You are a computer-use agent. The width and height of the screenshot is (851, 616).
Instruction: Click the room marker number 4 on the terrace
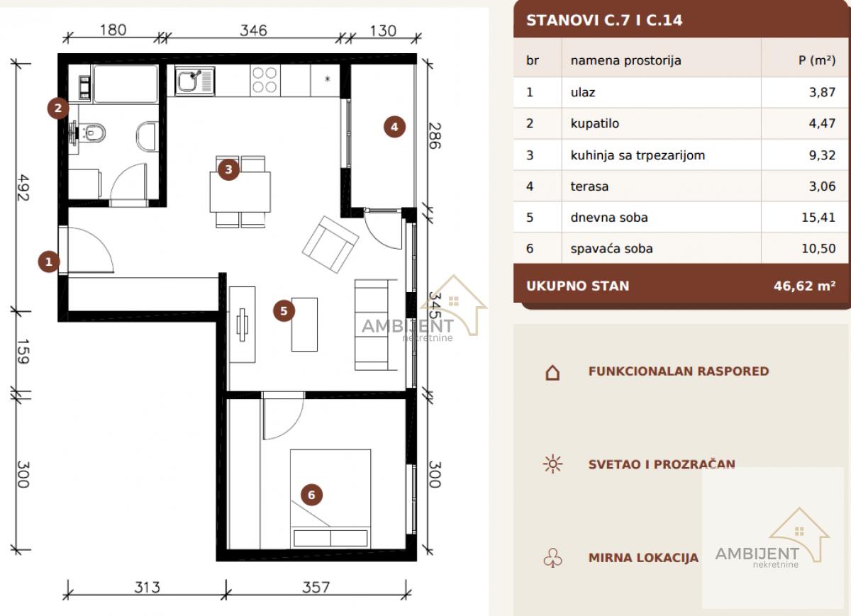click(394, 127)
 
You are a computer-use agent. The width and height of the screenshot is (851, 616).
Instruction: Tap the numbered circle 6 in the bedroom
click(311, 495)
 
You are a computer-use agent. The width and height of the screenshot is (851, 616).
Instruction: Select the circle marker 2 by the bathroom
click(57, 108)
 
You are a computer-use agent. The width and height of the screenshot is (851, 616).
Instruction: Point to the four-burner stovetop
click(265, 80)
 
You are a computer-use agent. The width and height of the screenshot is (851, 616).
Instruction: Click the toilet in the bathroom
click(91, 133)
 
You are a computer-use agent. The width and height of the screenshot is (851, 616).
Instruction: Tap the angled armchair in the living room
click(330, 245)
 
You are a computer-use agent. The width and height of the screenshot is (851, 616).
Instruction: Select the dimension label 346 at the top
click(253, 30)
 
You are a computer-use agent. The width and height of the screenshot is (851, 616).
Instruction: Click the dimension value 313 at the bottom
click(147, 588)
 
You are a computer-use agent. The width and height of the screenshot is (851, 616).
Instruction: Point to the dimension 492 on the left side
click(23, 188)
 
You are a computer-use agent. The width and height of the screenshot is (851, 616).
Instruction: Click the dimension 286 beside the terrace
click(435, 135)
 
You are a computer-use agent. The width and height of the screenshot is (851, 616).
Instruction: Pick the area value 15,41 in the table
click(818, 217)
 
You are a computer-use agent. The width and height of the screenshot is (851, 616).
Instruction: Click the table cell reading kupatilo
click(594, 123)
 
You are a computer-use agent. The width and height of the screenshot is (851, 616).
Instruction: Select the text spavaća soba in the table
click(611, 248)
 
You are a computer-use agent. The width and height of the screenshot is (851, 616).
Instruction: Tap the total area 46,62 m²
click(804, 286)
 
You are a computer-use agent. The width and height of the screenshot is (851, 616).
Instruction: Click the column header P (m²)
click(817, 60)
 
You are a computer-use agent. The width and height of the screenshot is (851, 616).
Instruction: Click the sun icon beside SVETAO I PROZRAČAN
click(552, 464)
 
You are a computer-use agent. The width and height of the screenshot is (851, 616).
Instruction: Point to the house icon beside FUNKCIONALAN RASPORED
click(552, 372)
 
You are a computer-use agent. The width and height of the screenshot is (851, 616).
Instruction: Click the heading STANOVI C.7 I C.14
click(604, 20)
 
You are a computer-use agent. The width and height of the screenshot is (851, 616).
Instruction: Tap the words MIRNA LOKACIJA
click(643, 557)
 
